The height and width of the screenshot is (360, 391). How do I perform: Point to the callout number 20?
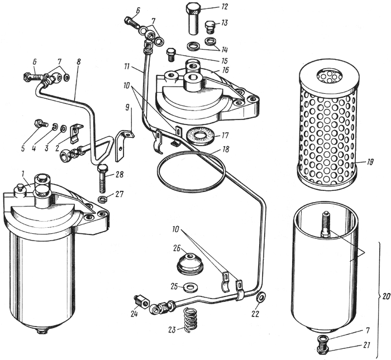pyautogui.click(x=386, y=297)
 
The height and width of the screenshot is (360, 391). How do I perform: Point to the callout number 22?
pyautogui.click(x=260, y=314)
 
